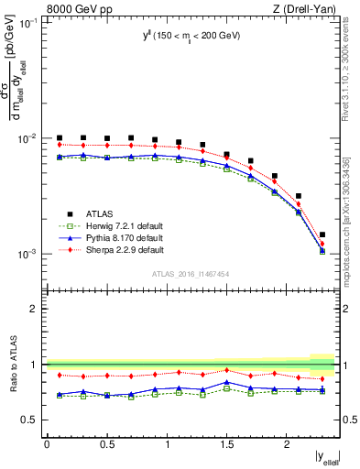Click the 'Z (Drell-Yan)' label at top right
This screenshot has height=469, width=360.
pyautogui.click(x=303, y=8)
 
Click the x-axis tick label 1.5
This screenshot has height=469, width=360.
pyautogui.click(x=227, y=444)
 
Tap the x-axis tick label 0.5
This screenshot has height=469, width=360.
pyautogui.click(x=106, y=444)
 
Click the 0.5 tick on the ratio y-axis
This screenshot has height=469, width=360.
pyautogui.click(x=31, y=420)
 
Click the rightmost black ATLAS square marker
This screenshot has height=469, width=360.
pyautogui.click(x=322, y=234)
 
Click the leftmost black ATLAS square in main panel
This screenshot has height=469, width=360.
pyautogui.click(x=60, y=137)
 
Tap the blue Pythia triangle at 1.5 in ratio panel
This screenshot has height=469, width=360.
pyautogui.click(x=227, y=382)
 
